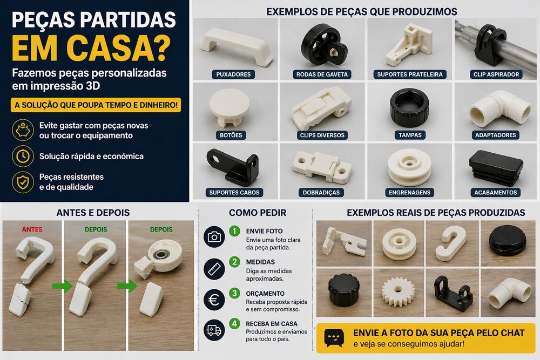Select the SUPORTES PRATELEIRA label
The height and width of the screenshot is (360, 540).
point(410,74)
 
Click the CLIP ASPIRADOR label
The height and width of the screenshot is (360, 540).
point(497,74)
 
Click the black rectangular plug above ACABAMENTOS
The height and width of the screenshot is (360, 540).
point(496,165)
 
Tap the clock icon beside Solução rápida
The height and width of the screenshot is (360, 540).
point(22,157)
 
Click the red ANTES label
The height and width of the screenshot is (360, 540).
point(32,229)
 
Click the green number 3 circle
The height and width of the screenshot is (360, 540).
point(234,293)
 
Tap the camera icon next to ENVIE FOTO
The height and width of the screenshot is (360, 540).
point(214,237)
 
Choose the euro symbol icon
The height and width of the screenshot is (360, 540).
point(214,300)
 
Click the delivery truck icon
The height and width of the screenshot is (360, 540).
point(214,330)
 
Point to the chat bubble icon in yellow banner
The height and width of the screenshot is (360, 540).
point(334,338)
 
